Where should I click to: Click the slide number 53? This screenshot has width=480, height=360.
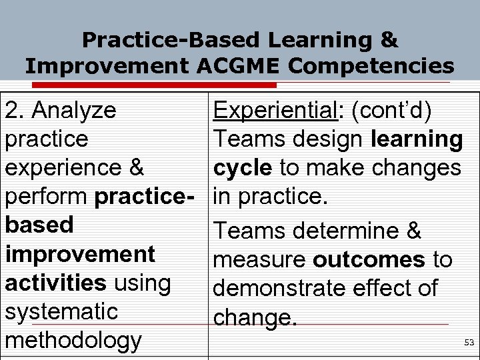[469, 343]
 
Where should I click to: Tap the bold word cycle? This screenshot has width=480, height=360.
[242, 168]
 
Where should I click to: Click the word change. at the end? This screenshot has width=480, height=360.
[255, 317]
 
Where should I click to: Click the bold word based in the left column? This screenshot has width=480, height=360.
[39, 225]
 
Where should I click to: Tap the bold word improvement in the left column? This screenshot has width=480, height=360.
[80, 254]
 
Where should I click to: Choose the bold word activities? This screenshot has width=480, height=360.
[55, 283]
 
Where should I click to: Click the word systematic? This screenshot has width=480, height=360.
[61, 311]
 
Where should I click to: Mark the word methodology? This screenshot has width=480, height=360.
[73, 341]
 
